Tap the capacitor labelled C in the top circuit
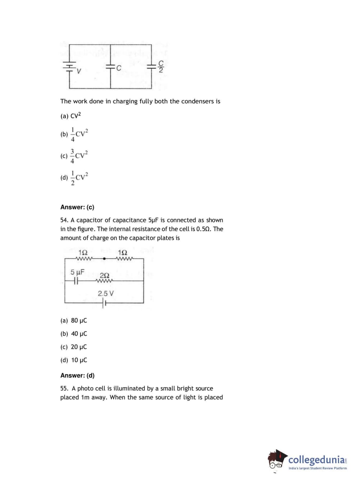tap(110, 67)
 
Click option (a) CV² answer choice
tap(71, 116)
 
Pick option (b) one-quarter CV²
tap(74, 134)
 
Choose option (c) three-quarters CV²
tap(74, 156)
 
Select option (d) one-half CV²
tap(74, 178)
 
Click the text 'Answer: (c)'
tap(77, 207)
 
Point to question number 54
tap(64, 220)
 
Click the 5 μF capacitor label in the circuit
tap(77, 272)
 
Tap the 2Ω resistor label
tap(105, 275)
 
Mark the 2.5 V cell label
tap(106, 293)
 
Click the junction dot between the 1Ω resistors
tap(104, 258)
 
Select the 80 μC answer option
tap(74, 320)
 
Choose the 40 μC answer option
tap(74, 334)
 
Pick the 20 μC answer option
tap(74, 347)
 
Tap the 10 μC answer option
tap(74, 360)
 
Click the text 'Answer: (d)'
tap(77, 375)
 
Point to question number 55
tap(64, 388)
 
